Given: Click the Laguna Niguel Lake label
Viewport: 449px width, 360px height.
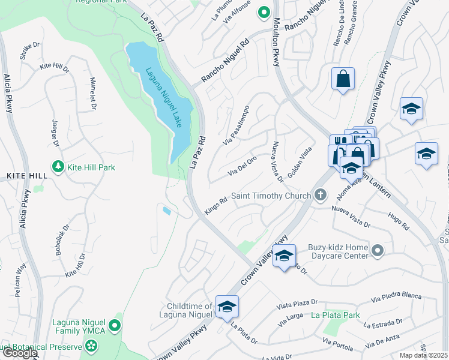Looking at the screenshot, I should (x=164, y=96).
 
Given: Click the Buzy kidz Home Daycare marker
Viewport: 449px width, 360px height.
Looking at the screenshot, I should (x=377, y=250).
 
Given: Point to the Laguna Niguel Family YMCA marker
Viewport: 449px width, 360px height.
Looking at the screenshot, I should (x=115, y=325).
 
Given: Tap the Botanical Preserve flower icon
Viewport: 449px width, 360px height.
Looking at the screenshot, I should (x=91, y=346).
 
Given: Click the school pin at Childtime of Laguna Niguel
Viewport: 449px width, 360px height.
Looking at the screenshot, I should (x=228, y=307).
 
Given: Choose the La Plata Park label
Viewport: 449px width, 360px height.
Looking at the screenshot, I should (x=335, y=315).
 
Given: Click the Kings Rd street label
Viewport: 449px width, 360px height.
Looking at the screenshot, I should (x=216, y=205).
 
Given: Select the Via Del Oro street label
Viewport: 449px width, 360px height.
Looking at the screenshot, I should (x=242, y=166).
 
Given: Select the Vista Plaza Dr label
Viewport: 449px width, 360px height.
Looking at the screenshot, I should (x=297, y=305).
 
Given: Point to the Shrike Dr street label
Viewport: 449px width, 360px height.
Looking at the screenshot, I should (x=29, y=52).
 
